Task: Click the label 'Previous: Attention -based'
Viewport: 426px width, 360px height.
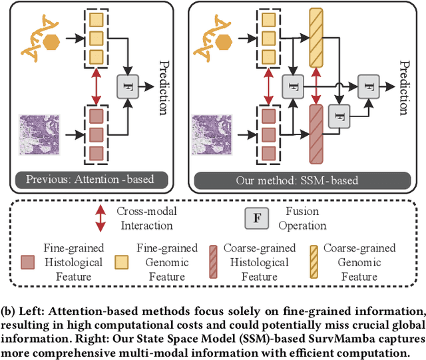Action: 89,179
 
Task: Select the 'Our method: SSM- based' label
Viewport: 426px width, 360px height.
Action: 296,179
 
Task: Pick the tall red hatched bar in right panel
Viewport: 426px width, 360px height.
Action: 315,133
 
